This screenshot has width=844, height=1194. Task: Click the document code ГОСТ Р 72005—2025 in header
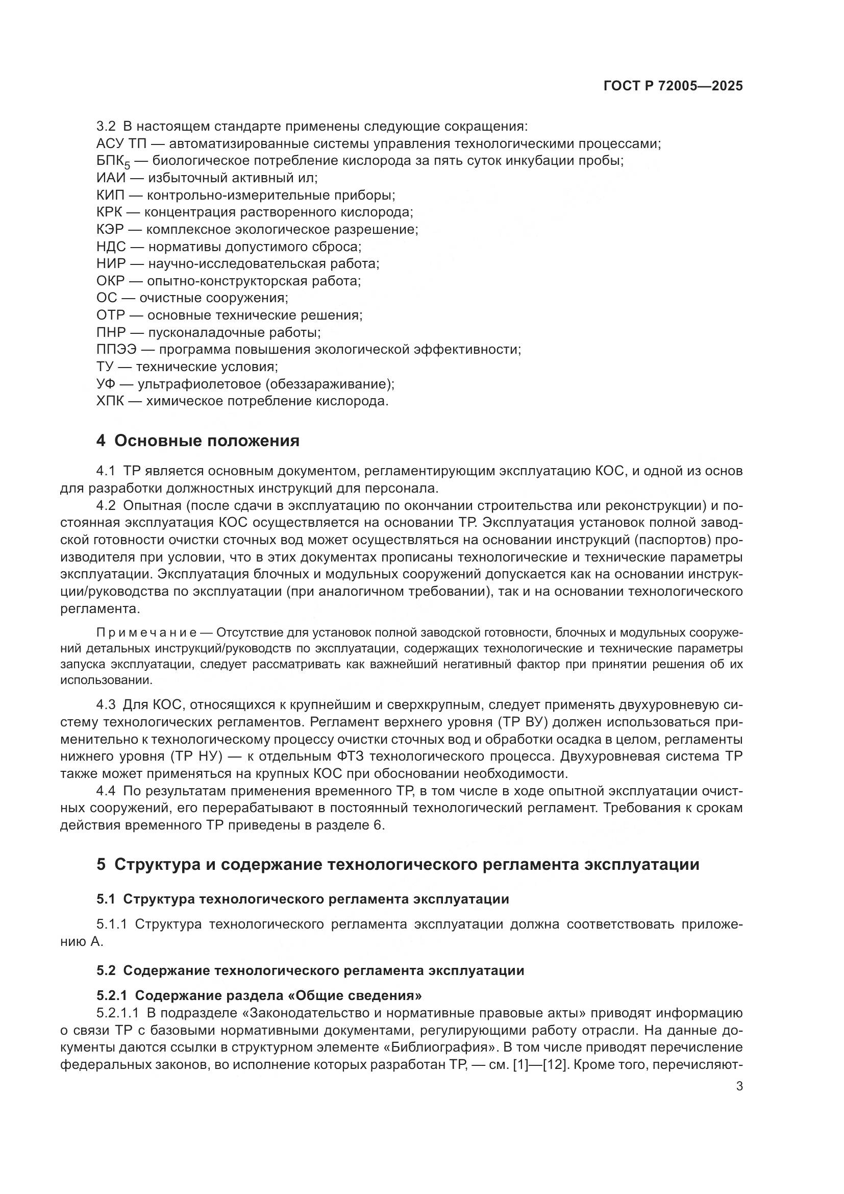673,86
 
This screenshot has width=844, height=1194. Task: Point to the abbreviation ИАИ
111,178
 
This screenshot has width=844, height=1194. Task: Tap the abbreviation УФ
106,384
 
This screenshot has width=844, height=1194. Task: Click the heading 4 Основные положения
198,441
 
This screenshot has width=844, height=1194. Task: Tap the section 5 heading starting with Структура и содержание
398,864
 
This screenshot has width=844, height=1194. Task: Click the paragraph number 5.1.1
111,924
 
